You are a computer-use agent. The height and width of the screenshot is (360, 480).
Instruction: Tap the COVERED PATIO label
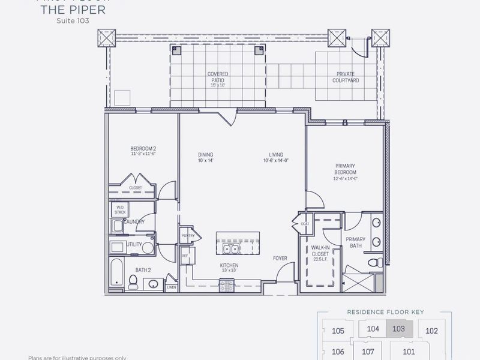click(218, 77)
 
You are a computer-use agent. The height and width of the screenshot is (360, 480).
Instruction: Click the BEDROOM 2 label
click(143, 150)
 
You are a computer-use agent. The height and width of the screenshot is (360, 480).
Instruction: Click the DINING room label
click(205, 158)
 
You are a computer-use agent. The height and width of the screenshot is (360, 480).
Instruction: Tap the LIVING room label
click(276, 158)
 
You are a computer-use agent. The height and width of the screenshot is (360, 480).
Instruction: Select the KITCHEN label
click(229, 268)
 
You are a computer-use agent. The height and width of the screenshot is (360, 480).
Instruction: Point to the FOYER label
click(280, 259)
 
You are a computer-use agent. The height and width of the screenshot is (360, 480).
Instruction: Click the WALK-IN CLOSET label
click(319, 254)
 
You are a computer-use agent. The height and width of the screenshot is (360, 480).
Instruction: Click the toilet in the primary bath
click(373, 262)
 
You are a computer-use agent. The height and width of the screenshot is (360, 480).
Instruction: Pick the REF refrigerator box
click(185, 256)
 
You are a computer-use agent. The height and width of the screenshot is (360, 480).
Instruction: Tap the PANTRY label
click(187, 235)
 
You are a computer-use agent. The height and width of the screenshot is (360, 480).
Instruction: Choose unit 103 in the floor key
click(398, 328)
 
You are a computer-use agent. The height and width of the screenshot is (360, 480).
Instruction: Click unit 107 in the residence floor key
click(368, 351)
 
